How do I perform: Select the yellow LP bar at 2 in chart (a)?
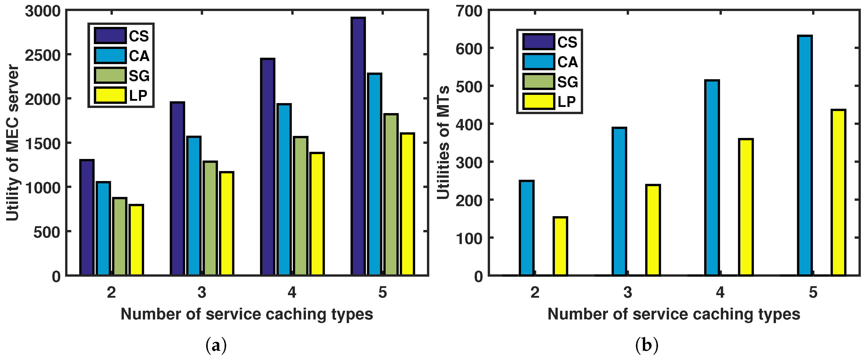(x=136, y=240)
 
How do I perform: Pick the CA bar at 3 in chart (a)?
(x=194, y=206)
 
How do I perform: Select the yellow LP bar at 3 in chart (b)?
(x=653, y=230)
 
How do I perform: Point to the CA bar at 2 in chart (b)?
(x=526, y=228)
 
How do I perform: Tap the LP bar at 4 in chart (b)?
(x=746, y=207)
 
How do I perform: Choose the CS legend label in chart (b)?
(x=567, y=42)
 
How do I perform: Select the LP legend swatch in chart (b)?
(x=538, y=102)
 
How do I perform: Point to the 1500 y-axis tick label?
(x=43, y=143)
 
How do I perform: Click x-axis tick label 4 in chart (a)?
(x=292, y=292)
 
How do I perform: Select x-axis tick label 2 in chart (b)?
(x=535, y=292)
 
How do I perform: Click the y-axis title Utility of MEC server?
(x=13, y=143)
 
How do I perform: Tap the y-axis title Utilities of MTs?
(x=443, y=143)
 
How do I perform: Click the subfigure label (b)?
(x=646, y=345)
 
